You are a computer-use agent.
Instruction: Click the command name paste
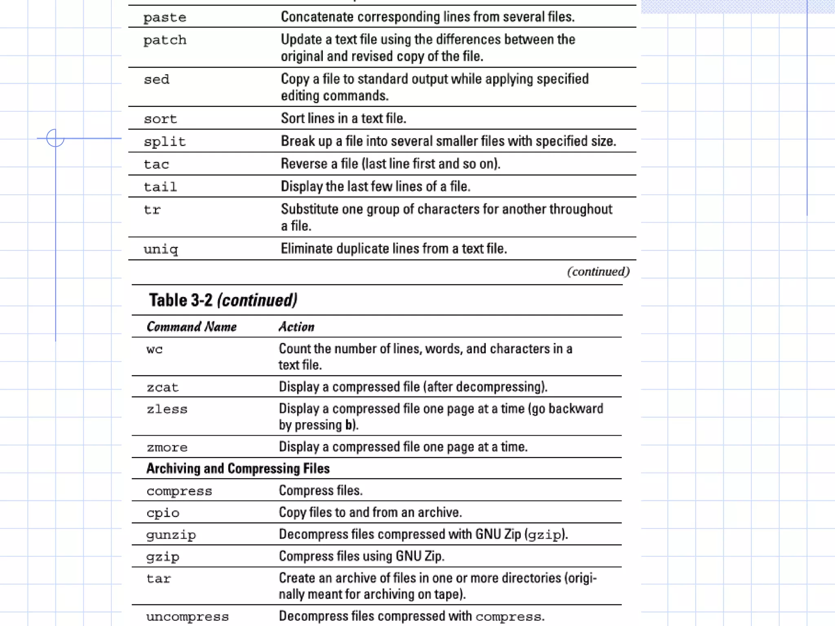coord(165,18)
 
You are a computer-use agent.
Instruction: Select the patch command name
coord(165,40)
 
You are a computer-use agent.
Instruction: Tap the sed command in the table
coord(156,79)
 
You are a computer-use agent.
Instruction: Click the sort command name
coord(160,119)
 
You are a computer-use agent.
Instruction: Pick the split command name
coord(165,142)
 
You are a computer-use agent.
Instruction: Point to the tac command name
coord(156,164)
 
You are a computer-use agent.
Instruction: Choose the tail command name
coord(160,187)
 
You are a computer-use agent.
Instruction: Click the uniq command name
coord(161,249)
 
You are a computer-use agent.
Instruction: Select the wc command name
coord(155,349)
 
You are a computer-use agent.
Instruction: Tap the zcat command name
coord(163,387)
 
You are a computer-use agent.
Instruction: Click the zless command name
coord(167,409)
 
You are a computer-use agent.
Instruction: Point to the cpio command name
coord(163,513)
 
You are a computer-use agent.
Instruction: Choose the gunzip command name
coord(171,535)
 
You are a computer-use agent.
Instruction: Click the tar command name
coord(159,579)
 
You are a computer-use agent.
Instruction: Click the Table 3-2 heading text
coord(223,300)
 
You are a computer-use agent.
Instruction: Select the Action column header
coord(296,327)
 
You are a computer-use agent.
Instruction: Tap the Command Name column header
coord(192,327)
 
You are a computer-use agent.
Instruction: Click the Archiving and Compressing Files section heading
coord(238,469)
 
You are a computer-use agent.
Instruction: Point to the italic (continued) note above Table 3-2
coord(598,271)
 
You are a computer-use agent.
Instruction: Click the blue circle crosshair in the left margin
coord(55,138)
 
